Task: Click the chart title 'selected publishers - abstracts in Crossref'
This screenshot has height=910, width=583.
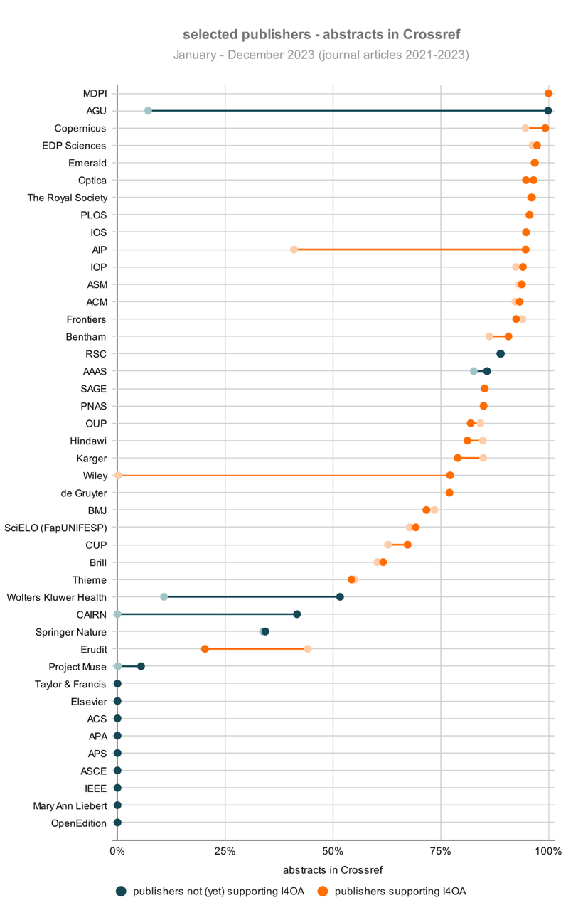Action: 326,34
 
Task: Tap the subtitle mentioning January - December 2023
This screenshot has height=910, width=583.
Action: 321,55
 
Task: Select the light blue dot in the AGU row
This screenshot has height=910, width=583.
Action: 148,111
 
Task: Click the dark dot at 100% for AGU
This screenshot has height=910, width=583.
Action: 548,111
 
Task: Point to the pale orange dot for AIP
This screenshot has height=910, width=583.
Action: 294,250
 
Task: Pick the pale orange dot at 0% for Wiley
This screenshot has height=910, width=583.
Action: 118,475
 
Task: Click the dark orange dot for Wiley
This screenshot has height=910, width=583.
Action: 450,475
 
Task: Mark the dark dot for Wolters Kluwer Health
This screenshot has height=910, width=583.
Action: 340,596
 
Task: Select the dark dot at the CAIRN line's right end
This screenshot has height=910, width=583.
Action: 297,614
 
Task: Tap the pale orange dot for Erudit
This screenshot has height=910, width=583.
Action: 308,648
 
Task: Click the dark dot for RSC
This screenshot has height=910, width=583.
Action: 501,353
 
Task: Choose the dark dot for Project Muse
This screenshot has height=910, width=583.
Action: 141,666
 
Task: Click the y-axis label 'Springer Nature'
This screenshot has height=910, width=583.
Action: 71,632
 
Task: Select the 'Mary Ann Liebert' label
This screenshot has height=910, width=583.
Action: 70,805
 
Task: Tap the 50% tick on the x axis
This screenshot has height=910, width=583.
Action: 333,851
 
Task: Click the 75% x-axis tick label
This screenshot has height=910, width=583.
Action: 441,851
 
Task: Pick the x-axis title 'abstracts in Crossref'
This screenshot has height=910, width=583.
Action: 332,869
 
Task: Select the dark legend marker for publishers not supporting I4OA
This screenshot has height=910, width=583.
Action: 121,891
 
